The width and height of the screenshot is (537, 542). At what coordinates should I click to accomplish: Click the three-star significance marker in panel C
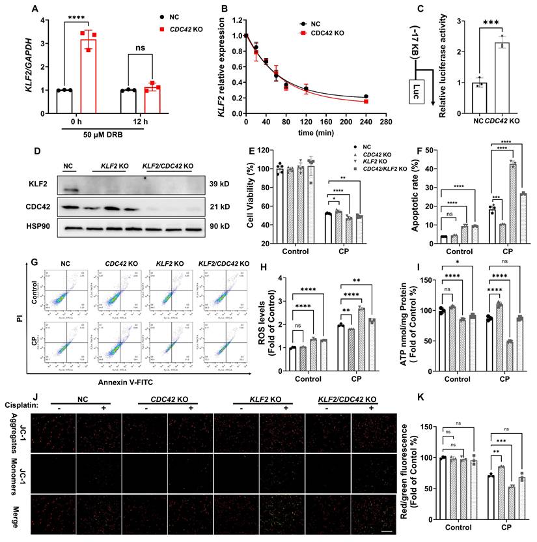click(491, 23)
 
